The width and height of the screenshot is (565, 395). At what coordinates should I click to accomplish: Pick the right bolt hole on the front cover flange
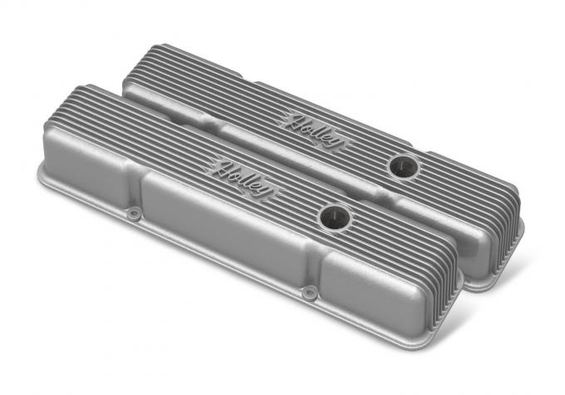click(309, 292)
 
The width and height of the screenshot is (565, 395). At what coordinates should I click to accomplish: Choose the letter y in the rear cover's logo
click(329, 143)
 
